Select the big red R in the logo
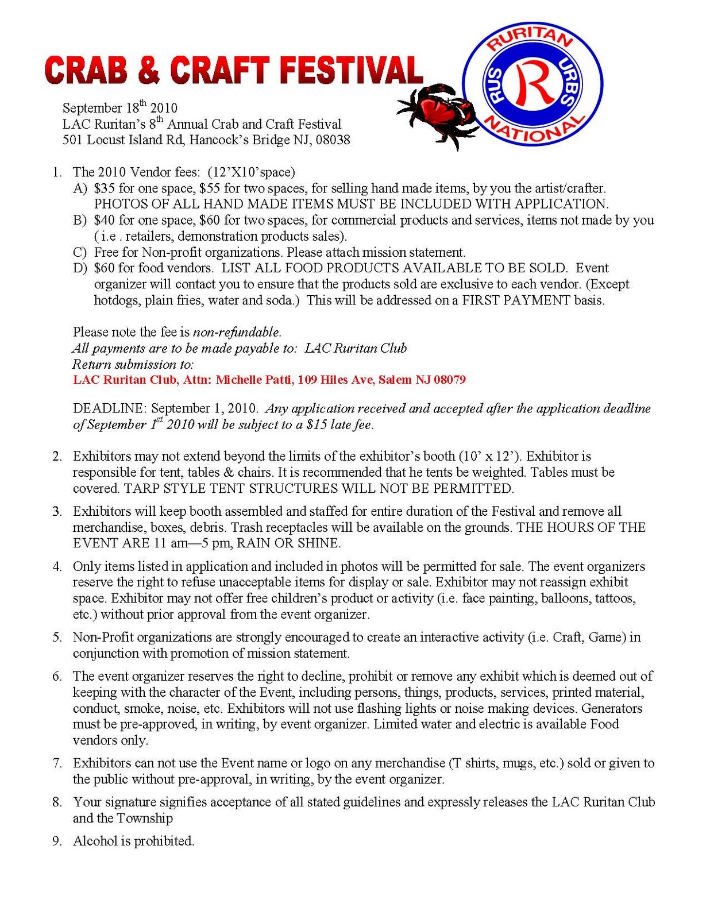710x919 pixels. (x=532, y=85)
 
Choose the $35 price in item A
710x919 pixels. (x=105, y=188)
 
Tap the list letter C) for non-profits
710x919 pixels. (x=80, y=252)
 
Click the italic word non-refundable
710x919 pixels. (x=237, y=332)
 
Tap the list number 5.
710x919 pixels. (x=57, y=637)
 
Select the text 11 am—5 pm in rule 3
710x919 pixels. (x=193, y=543)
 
